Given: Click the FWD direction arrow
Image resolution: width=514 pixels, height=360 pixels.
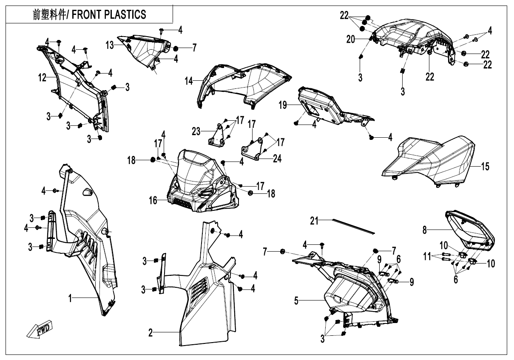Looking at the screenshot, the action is tap(40, 329).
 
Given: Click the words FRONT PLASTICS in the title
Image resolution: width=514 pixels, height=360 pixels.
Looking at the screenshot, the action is tap(109, 15).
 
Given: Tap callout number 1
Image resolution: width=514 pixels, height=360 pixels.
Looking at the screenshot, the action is tap(70, 298).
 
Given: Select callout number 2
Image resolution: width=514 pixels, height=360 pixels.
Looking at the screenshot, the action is tap(151, 333).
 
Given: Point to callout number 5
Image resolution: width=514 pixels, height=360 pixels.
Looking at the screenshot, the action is tap(296, 301).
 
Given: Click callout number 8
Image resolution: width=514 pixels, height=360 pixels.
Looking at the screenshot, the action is tap(425, 230).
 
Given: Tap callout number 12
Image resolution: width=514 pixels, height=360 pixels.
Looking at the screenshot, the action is tap(43, 78).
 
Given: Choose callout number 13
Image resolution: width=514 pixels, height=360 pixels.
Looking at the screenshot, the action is tap(110, 45).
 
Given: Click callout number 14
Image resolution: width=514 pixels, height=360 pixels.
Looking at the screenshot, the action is tap(189, 81).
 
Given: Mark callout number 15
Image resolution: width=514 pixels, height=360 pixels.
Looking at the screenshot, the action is tap(486, 167).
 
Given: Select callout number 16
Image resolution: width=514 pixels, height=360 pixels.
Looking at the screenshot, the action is tap(153, 201).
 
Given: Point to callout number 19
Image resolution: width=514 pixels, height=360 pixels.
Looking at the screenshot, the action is tap(283, 105).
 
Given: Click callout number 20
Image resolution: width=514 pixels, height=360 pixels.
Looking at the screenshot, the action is tap(351, 40).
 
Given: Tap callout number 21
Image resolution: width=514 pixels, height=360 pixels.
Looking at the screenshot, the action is tap(314, 221).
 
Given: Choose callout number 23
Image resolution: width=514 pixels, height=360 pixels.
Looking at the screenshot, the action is tap(196, 132).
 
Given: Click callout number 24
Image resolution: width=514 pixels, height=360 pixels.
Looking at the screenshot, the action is tap(277, 158).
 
